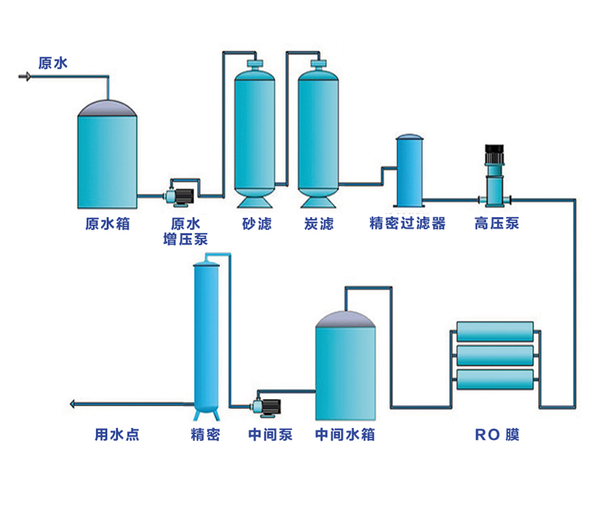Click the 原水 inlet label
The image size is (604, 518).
(53, 62)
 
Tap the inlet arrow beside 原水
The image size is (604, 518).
(25, 76)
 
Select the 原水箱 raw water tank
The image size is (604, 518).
(107, 158)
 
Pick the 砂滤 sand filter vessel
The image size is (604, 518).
(254, 134)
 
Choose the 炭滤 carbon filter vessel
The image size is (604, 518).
(318, 134)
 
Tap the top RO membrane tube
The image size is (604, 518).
(495, 331)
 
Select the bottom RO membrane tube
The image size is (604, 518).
(495, 380)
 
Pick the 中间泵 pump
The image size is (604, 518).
(266, 406)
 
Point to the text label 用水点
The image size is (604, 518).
(117, 434)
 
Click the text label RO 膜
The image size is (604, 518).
(497, 435)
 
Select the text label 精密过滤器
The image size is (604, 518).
(407, 224)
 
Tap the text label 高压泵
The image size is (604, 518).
(497, 224)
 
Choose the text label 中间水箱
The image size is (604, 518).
(345, 434)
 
